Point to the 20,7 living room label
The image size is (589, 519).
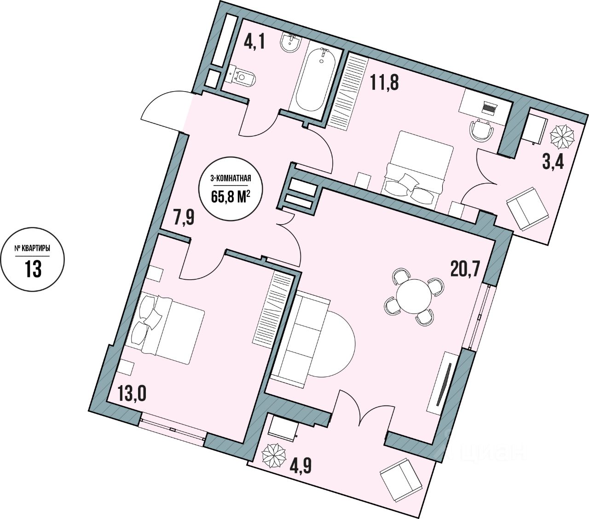pos(465,267)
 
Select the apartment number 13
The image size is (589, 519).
pos(33,269)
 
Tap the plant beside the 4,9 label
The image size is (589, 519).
pos(275,454)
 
